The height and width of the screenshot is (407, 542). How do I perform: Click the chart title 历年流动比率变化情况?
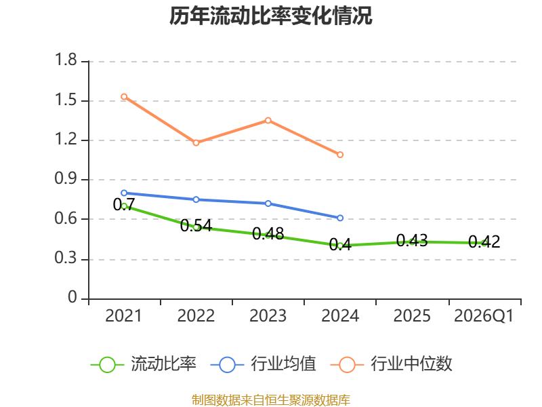point(270,16)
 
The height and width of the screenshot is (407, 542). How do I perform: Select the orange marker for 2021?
point(124,96)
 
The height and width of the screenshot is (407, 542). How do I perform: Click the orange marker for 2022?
point(196,143)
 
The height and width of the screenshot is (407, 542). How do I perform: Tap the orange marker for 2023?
point(268,121)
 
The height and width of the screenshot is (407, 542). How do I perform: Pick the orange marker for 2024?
point(340,155)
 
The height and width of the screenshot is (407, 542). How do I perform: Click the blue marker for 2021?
point(124,193)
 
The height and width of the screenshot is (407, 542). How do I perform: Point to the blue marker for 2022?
point(196,199)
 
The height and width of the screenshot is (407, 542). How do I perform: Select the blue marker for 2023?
point(268,203)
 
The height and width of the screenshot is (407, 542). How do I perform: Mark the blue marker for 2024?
point(340,218)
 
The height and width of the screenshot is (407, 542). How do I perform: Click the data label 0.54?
point(196,226)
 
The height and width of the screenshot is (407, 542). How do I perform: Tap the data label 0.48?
point(268,233)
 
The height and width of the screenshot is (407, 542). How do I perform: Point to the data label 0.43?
point(412,240)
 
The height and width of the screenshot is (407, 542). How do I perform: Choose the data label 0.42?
point(484,241)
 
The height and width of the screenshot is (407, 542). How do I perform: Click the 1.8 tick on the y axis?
point(66,60)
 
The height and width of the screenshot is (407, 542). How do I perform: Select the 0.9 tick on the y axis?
point(66,178)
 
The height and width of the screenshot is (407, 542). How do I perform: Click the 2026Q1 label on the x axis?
point(484,315)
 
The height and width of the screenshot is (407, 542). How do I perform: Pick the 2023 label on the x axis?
point(268,315)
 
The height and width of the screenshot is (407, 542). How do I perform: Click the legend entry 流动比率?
point(144,364)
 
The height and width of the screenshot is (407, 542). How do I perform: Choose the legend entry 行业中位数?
point(392,364)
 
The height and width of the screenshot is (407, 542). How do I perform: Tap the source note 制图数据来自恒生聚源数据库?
point(271,400)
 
